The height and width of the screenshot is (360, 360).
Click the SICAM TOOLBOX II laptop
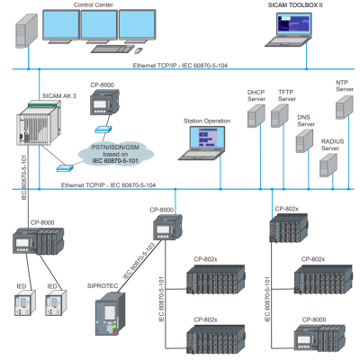pyautogui.click(x=288, y=30)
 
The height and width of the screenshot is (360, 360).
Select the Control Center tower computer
pyautogui.click(x=26, y=31)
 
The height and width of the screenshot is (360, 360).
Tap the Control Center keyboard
pyautogui.click(x=112, y=49)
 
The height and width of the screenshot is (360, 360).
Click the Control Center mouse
pyautogui.click(x=139, y=50)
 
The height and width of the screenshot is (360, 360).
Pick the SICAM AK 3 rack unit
pyautogui.click(x=39, y=122)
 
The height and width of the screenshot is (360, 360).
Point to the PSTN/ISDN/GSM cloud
pyautogui.click(x=116, y=154)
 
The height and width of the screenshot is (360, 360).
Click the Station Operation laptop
pyautogui.click(x=202, y=143)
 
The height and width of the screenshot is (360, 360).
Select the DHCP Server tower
pyautogui.click(x=256, y=116)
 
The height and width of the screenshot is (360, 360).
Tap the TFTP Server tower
pyautogui.click(x=280, y=116)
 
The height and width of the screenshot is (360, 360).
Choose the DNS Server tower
pyautogui.click(x=305, y=141)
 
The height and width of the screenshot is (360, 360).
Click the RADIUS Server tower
pyautogui.click(x=328, y=166)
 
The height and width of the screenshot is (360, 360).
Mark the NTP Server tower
pyautogui.click(x=345, y=107)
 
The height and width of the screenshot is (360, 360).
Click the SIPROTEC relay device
pyautogui.click(x=110, y=314)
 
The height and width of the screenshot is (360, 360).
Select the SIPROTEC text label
pyautogui.click(x=103, y=286)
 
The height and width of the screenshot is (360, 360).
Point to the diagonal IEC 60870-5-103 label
pyautogui.click(x=139, y=260)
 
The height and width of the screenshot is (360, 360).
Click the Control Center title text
pyautogui.click(x=94, y=4)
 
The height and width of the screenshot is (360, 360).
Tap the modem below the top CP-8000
pyautogui.click(x=103, y=130)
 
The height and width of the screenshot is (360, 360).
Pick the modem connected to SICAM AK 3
pyautogui.click(x=65, y=168)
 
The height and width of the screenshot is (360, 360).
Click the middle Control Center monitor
pyautogui.click(x=99, y=26)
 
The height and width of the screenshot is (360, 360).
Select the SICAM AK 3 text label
pyautogui.click(x=59, y=96)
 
